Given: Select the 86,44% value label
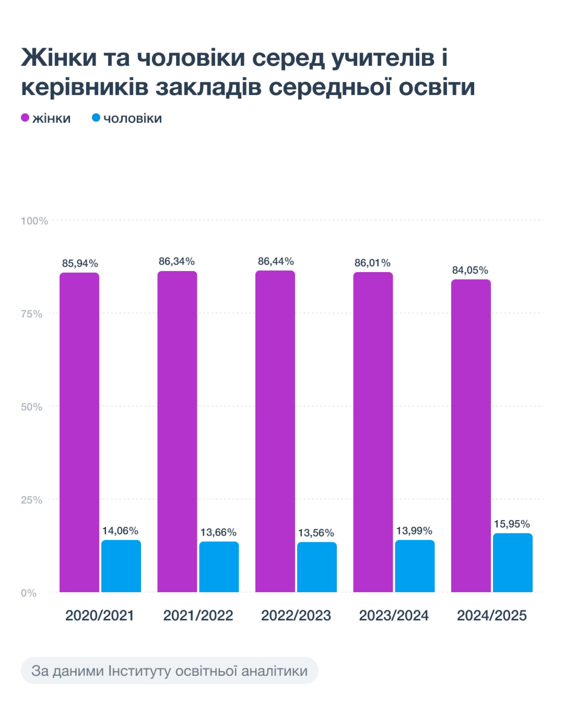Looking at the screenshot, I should click(x=276, y=261).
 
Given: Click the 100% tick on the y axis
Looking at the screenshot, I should click(x=34, y=221).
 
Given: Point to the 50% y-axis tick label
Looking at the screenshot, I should click(x=32, y=407).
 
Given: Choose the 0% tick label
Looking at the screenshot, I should click(x=29, y=593).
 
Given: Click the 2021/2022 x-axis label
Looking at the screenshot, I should click(x=198, y=615).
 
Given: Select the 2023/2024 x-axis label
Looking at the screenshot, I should click(x=394, y=615).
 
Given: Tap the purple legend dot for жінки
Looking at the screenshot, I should click(x=25, y=118).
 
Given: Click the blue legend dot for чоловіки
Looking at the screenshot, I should click(x=96, y=118).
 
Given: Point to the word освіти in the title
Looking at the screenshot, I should click(x=437, y=87).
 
